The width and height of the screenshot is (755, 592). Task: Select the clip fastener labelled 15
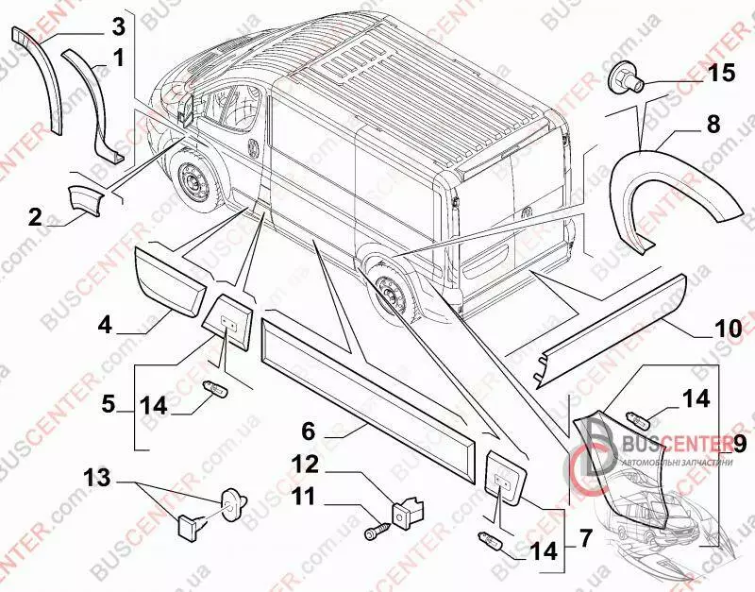(x=625, y=77)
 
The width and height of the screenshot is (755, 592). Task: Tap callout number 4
(x=104, y=324)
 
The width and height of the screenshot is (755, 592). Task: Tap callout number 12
(x=308, y=464)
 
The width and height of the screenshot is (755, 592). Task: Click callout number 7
(x=585, y=540)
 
